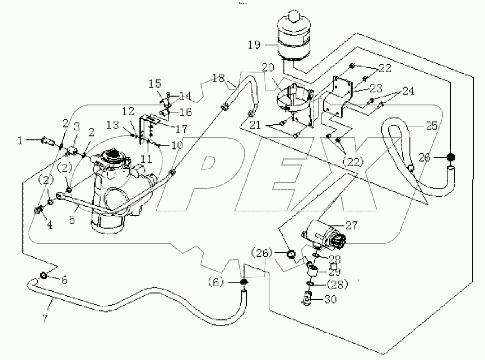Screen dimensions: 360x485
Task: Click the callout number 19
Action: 254,44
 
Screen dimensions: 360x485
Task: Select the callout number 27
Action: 351,225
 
